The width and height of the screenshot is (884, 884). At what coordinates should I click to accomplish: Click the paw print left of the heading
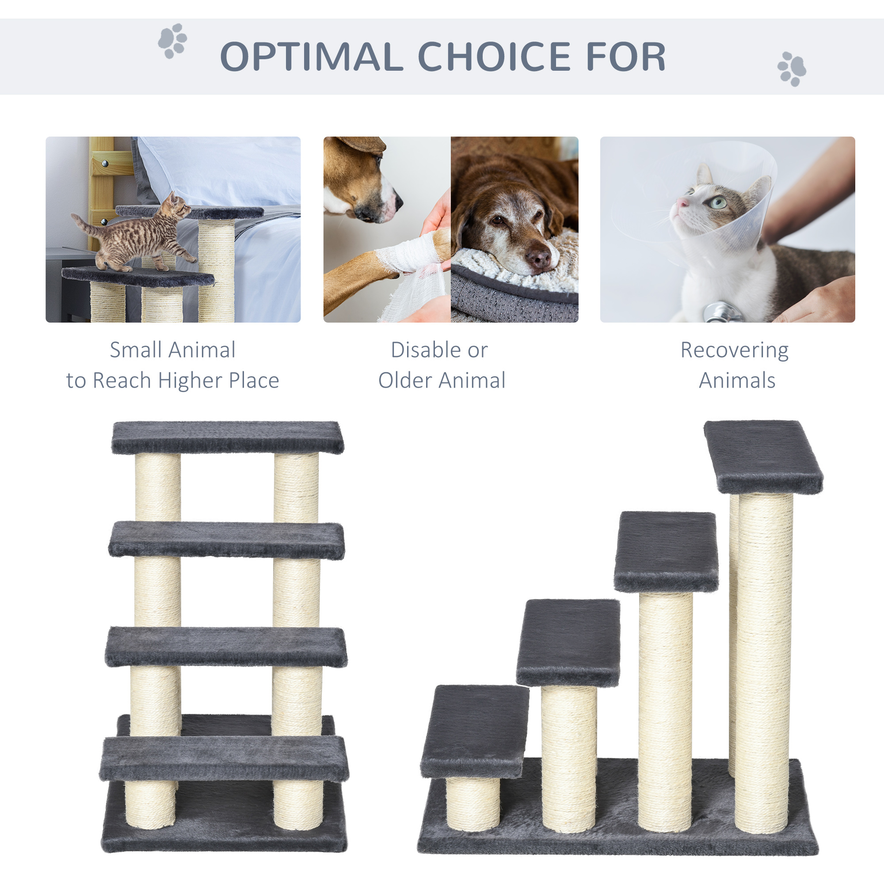point(172,41)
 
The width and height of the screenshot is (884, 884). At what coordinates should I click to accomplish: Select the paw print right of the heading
point(792,69)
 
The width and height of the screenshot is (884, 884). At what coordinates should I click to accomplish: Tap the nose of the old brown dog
point(538,259)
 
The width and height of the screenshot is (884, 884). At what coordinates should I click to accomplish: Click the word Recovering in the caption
point(734,350)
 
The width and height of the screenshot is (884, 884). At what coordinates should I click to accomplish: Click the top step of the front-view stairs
point(227,437)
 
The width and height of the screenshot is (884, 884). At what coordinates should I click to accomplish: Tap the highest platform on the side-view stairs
point(762,456)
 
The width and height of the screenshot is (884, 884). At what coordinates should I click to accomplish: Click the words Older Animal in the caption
point(442,380)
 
